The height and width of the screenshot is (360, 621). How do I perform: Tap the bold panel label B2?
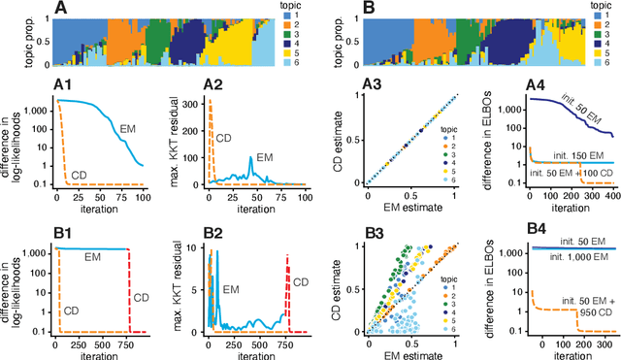coord(214,231)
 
